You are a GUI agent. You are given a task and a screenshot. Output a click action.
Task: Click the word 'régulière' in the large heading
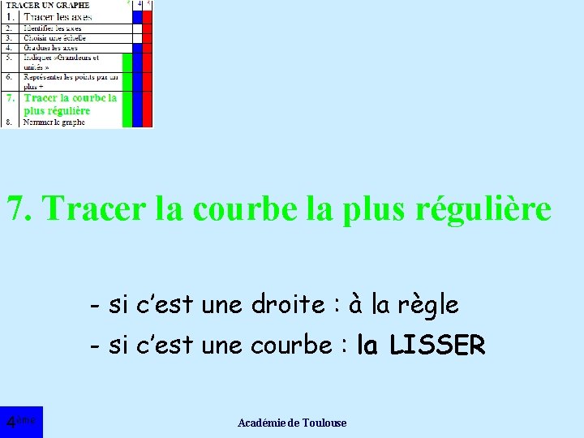click(483, 209)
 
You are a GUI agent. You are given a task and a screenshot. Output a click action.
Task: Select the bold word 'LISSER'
click(436, 346)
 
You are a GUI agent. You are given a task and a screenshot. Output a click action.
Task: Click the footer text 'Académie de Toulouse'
click(292, 423)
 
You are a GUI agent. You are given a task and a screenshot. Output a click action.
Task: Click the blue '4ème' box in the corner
click(21, 421)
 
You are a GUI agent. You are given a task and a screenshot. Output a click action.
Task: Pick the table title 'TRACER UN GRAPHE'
click(48, 5)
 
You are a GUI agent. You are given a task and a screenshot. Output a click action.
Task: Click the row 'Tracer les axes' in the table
click(58, 16)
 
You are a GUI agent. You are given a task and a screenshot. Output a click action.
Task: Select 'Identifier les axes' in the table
click(53, 28)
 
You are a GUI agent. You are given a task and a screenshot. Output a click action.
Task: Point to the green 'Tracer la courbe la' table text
click(71, 97)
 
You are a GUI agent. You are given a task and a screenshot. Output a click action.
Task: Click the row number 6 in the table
click(8, 77)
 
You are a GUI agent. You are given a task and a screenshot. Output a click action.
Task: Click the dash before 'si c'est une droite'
click(96, 306)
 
